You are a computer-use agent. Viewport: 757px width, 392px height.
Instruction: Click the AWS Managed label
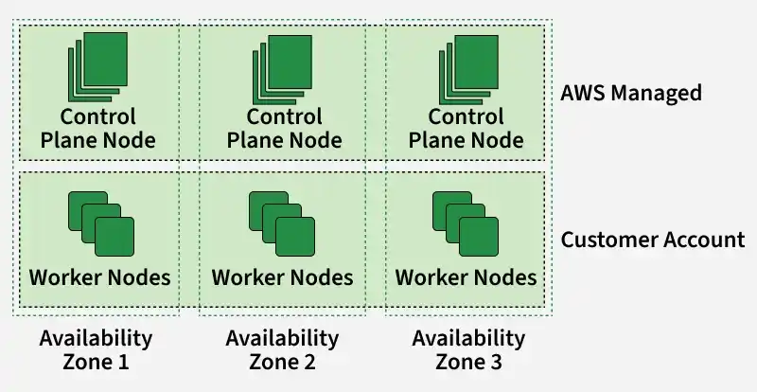pyautogui.click(x=631, y=93)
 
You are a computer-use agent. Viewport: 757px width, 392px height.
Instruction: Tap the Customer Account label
pyautogui.click(x=653, y=240)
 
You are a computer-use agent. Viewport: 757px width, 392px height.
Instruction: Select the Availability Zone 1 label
pyautogui.click(x=97, y=350)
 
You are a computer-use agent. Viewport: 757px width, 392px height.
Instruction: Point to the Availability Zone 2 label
pyautogui.click(x=282, y=350)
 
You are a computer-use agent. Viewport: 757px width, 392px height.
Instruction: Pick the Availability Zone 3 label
pyautogui.click(x=468, y=350)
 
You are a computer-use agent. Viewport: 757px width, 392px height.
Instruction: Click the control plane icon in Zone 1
pyautogui.click(x=98, y=67)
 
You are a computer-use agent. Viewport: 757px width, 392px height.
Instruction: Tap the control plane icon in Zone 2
pyautogui.click(x=282, y=70)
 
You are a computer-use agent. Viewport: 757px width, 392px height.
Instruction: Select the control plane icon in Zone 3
pyautogui.click(x=468, y=70)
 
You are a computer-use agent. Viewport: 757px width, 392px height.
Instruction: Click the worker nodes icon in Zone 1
pyautogui.click(x=101, y=223)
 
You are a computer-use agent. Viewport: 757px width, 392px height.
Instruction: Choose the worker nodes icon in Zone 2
pyautogui.click(x=282, y=223)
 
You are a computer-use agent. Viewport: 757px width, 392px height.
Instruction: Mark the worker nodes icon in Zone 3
pyautogui.click(x=466, y=223)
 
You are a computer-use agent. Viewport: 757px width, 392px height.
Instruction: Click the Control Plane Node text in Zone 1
pyautogui.click(x=98, y=129)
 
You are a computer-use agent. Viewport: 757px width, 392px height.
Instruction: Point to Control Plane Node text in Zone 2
pyautogui.click(x=285, y=129)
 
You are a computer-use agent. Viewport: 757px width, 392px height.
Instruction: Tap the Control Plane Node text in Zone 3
pyautogui.click(x=467, y=129)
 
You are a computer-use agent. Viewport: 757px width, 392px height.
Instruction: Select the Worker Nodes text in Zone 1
pyautogui.click(x=100, y=277)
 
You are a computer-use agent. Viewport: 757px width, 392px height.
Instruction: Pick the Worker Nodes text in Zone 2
pyautogui.click(x=282, y=277)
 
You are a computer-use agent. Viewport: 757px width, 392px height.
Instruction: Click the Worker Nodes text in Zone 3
pyautogui.click(x=466, y=277)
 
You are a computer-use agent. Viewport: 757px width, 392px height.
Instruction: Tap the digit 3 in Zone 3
pyautogui.click(x=496, y=362)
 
